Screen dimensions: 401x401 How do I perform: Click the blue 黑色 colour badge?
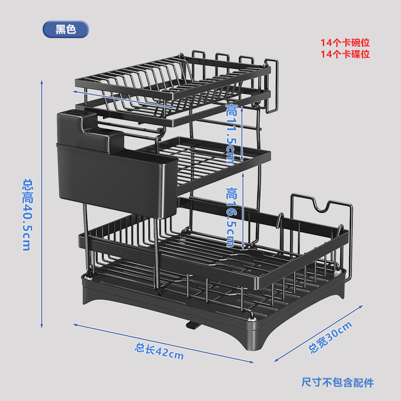tap(66, 30)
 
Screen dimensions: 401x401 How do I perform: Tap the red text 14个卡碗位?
tap(345, 43)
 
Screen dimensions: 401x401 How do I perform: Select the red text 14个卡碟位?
tap(345, 54)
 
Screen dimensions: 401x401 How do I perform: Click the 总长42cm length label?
tap(159, 351)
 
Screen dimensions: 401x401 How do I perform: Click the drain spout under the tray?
tap(191, 325)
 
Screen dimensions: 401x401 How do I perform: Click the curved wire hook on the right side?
tap(321, 208)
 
